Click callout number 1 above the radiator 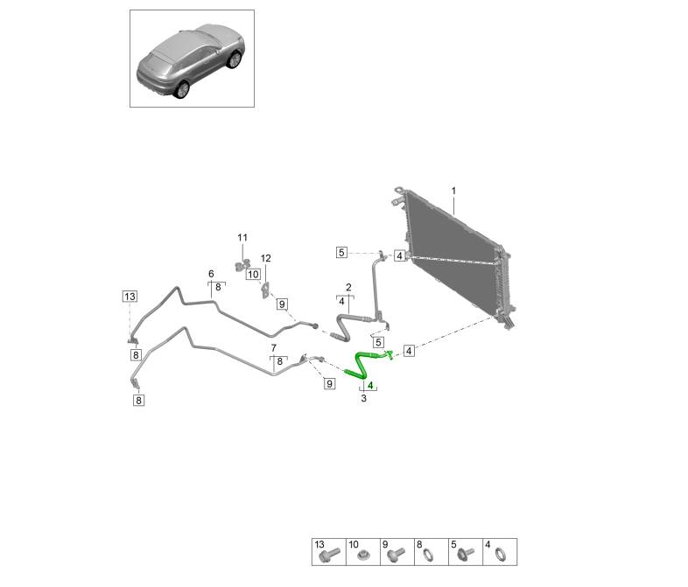click(x=453, y=190)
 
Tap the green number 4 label click(x=370, y=385)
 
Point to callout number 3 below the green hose click(x=363, y=399)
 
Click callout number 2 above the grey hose click(x=348, y=288)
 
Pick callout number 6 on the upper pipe click(x=211, y=274)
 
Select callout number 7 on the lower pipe click(x=273, y=348)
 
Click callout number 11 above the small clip click(x=242, y=238)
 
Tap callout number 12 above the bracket click(x=266, y=258)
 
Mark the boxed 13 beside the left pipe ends click(x=130, y=296)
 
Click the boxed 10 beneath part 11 click(x=253, y=274)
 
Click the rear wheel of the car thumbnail click(x=183, y=88)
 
